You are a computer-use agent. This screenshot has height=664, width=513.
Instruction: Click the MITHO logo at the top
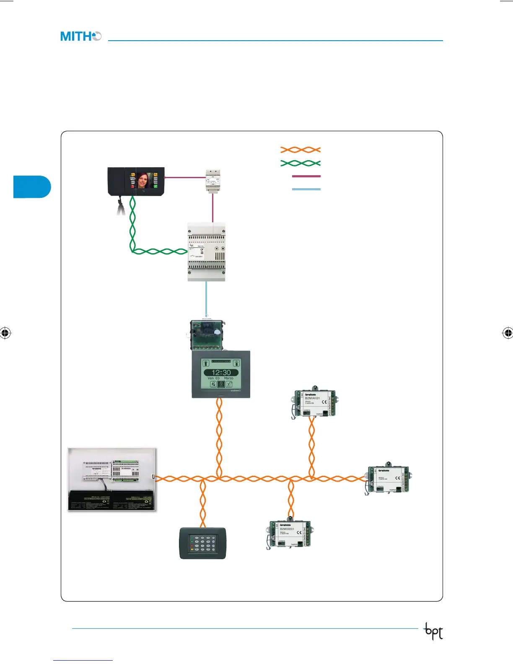tap(81, 36)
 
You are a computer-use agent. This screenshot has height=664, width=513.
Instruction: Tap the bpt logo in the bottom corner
tap(434, 631)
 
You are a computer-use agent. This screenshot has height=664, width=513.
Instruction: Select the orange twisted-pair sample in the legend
tap(301, 150)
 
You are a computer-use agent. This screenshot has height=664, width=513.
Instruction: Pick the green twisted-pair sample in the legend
tap(301, 163)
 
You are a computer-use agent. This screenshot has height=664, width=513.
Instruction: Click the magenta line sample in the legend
tap(306, 176)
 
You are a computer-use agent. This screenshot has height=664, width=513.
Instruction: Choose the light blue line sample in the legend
tap(306, 189)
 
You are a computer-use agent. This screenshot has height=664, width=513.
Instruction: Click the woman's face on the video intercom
tap(144, 181)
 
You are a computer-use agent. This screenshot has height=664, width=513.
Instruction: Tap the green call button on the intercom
tap(155, 186)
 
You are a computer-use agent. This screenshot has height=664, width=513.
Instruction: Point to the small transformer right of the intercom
tap(213, 181)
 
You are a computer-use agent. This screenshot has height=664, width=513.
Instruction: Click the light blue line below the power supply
tap(206, 298)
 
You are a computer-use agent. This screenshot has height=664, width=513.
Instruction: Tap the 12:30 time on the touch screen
tap(221, 372)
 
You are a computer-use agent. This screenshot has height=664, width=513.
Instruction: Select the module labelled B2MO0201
tap(289, 534)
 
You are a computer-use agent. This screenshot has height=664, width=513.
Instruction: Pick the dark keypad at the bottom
tap(202, 543)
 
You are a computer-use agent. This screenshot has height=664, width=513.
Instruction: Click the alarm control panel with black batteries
tap(112, 479)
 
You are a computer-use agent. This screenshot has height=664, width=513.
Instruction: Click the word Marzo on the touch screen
tap(228, 378)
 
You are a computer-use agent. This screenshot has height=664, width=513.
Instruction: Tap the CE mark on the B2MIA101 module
tap(324, 402)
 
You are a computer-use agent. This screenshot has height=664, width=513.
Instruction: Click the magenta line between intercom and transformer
tap(184, 177)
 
